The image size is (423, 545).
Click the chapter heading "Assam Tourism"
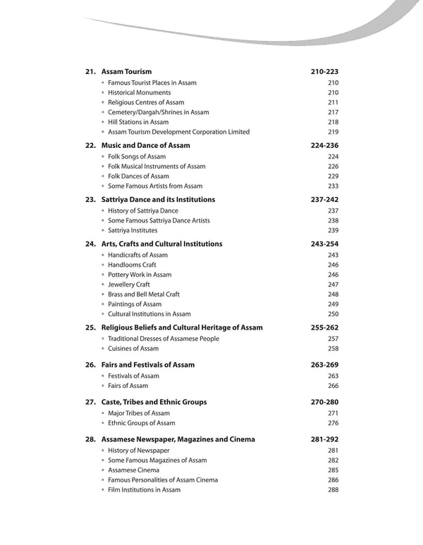tap(127, 72)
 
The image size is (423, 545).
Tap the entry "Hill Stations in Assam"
tap(138, 122)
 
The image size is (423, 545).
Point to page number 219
tap(333, 132)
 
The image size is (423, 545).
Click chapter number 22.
tap(90, 145)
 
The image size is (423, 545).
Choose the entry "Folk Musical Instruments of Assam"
tap(157, 166)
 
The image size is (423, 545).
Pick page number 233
tap(333, 186)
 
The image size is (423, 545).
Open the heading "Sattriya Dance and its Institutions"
tap(158, 200)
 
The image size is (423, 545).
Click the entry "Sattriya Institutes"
tap(133, 230)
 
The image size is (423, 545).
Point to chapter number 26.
tap(90, 365)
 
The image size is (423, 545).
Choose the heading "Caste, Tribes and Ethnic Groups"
tap(154, 402)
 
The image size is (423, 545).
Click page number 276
tap(333, 422)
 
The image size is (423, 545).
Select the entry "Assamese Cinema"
tap(133, 470)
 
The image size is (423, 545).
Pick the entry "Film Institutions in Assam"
tap(144, 489)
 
